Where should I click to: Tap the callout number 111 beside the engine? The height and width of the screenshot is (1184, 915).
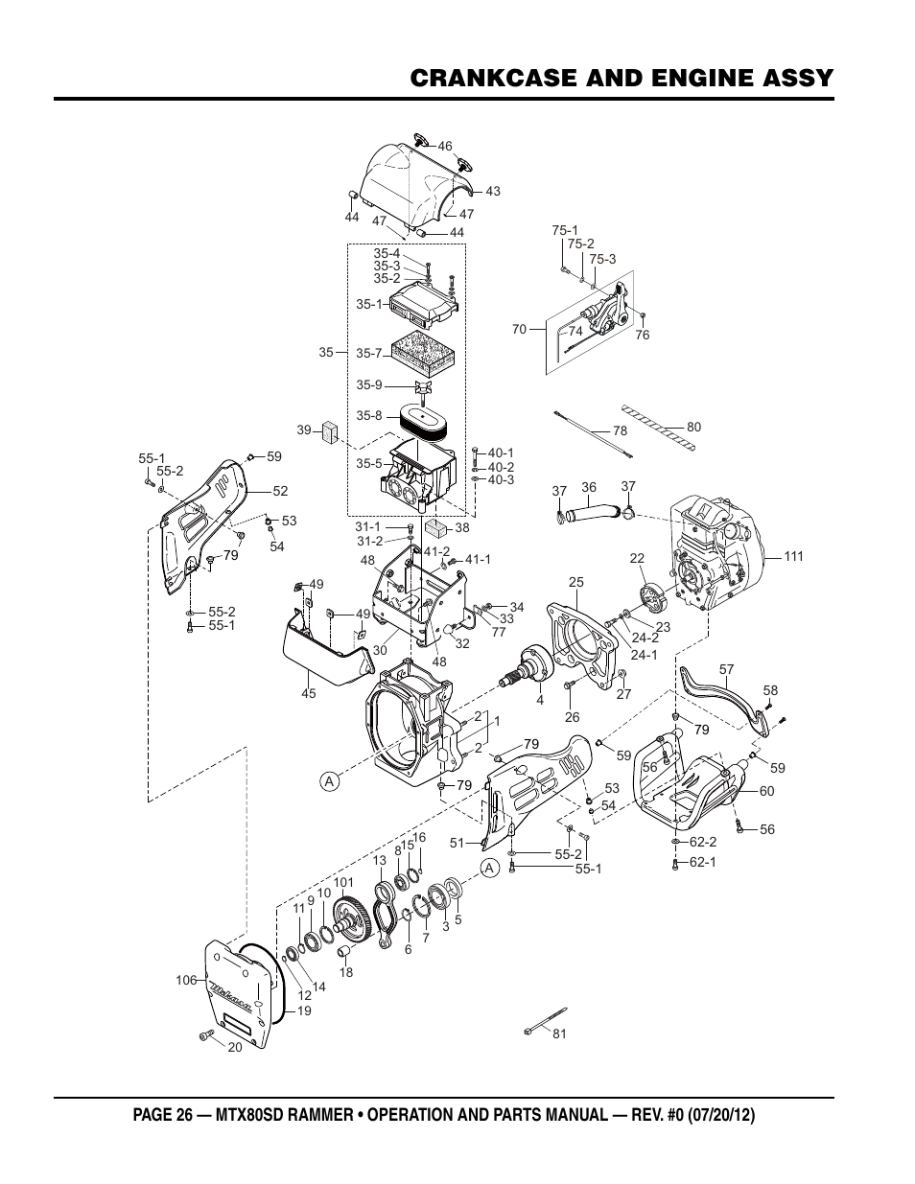click(x=793, y=556)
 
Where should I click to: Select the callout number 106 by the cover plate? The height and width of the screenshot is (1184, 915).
click(x=186, y=980)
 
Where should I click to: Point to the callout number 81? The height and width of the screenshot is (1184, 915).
click(x=560, y=1033)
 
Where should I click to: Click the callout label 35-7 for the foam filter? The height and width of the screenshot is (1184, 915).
click(x=369, y=353)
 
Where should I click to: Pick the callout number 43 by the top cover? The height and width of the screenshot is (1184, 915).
click(x=493, y=191)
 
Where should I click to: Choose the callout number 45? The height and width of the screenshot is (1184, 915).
click(x=309, y=693)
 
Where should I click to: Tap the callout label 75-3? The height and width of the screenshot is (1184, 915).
click(x=602, y=260)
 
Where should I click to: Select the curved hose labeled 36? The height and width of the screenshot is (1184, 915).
click(x=593, y=513)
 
